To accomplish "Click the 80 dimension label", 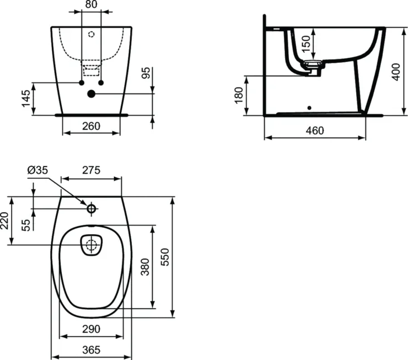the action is pyautogui.click(x=91, y=4).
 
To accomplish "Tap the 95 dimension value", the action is pyautogui.click(x=146, y=73).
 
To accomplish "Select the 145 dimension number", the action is pyautogui.click(x=26, y=99).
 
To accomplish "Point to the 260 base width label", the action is pyautogui.click(x=91, y=127).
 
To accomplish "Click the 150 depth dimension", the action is pyautogui.click(x=307, y=43).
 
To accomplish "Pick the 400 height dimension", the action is pyautogui.click(x=396, y=72).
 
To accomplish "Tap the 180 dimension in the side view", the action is pyautogui.click(x=239, y=96).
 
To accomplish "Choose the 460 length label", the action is pyautogui.click(x=315, y=130).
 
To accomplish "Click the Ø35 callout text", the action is pyautogui.click(x=38, y=170).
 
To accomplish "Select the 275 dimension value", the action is pyautogui.click(x=91, y=170).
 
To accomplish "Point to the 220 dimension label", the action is pyautogui.click(x=4, y=221).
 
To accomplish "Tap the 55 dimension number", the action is pyautogui.click(x=26, y=225).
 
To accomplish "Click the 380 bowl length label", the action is pyautogui.click(x=145, y=267).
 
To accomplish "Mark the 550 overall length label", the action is pyautogui.click(x=165, y=257).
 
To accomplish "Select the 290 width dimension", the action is pyautogui.click(x=91, y=329).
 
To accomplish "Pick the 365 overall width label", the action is pyautogui.click(x=91, y=350).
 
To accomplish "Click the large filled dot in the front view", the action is pyautogui.click(x=91, y=94).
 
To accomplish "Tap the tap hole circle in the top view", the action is pyautogui.click(x=91, y=208).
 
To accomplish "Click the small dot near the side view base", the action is pyautogui.click(x=309, y=108).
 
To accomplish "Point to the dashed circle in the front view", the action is pyautogui.click(x=91, y=34).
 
